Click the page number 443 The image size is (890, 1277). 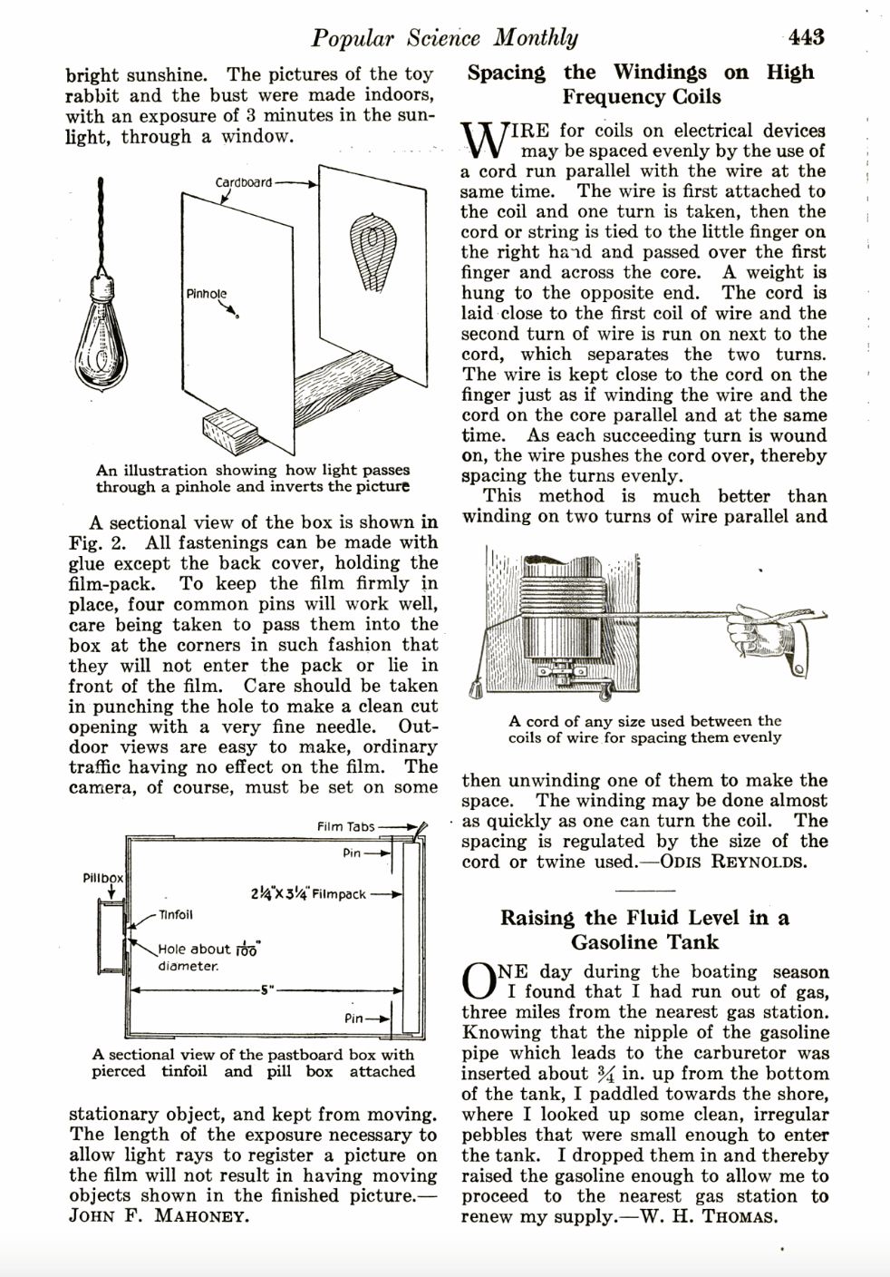tap(806, 37)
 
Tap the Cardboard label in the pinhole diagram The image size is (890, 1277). tap(243, 182)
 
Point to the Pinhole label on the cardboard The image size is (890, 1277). tap(206, 294)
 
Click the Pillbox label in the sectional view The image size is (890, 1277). tap(103, 879)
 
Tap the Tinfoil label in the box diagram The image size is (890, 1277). tap(176, 914)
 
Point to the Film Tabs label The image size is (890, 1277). tap(345, 826)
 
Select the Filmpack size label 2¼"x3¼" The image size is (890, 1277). tap(307, 893)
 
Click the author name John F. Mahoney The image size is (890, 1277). tap(159, 1215)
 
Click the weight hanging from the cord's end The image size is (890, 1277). tap(474, 690)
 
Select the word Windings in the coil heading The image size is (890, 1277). tap(660, 72)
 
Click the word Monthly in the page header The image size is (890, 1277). tap(536, 37)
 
